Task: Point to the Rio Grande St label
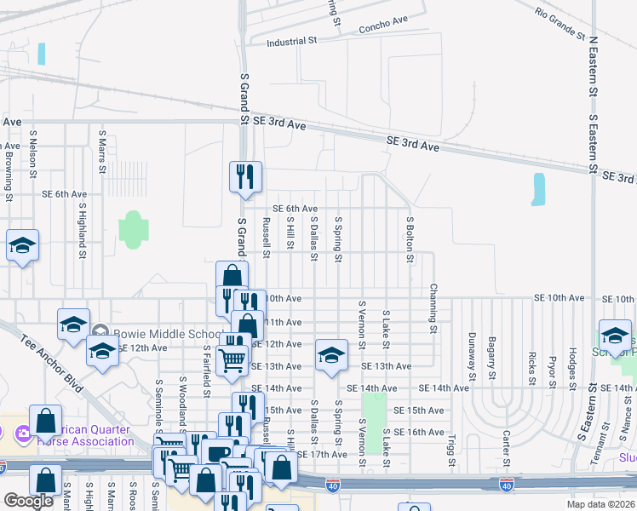point(560,24)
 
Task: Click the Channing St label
point(433,309)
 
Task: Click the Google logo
point(28,501)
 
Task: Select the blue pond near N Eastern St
point(537,189)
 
